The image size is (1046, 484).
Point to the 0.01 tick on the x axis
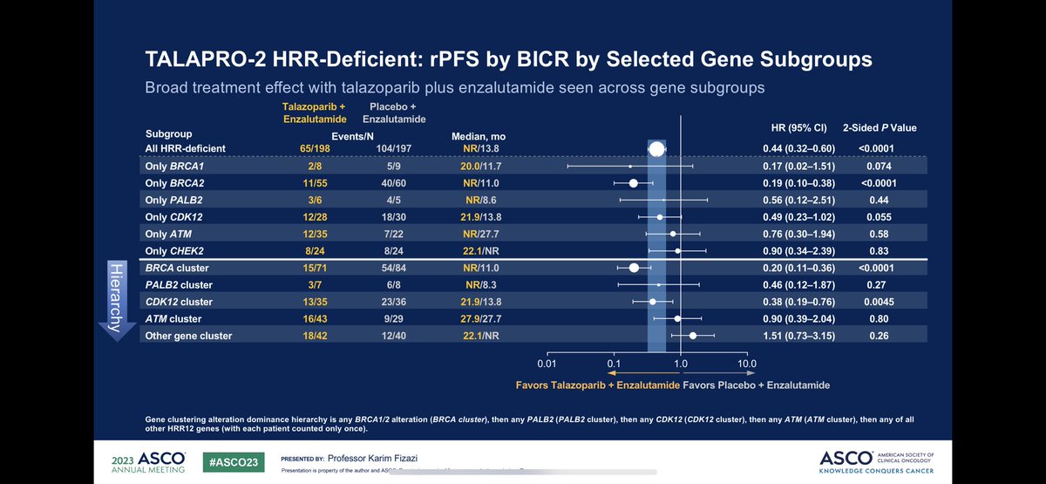547,362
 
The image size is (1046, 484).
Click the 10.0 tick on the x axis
746,362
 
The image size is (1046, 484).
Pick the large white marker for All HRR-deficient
656,149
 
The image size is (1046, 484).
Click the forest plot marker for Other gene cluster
693,335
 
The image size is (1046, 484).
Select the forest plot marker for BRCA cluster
634,268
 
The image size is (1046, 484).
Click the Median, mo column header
478,137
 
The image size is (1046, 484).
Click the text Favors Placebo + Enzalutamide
756,385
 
